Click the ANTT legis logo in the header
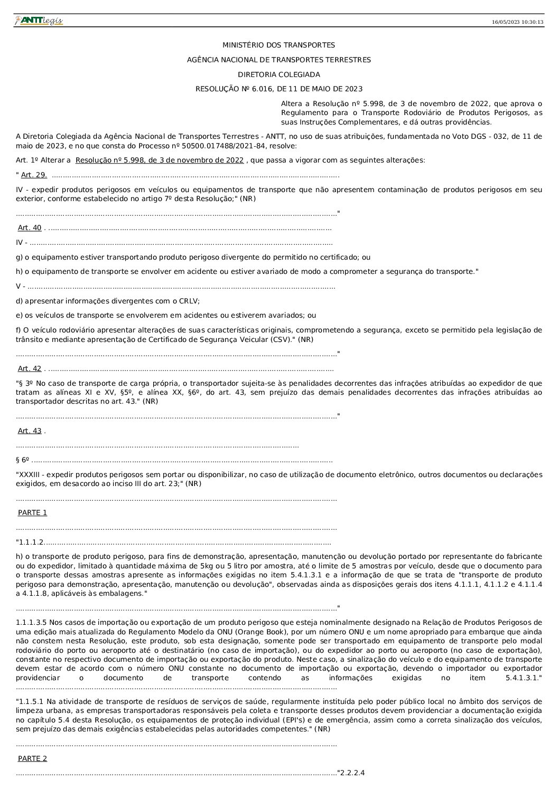pos(39,21)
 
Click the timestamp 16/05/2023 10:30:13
pos(517,22)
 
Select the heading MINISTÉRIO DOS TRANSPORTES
pos(278,45)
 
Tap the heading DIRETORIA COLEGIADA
pos(278,74)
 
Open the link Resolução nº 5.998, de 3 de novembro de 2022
pos(160,160)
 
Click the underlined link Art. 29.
pos(34,175)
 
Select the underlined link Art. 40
pos(30,228)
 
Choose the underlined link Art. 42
pos(30,369)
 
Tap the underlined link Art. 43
pos(30,431)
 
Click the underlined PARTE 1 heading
pos(32,512)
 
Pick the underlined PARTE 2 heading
pos(32,758)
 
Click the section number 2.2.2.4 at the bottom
pos(352,773)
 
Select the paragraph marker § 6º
pos(22,460)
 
